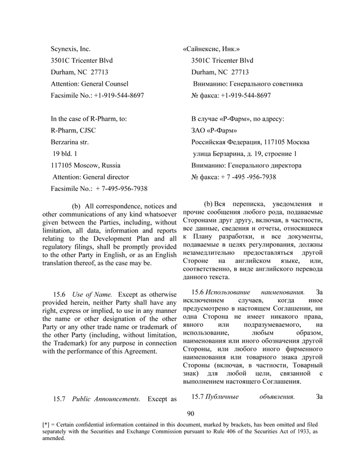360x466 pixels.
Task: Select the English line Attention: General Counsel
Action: pos(90,83)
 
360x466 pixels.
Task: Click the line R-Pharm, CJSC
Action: pos(76,130)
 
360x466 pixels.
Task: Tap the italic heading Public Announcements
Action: pos(106,399)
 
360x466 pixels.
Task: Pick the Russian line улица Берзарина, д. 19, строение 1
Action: pos(245,154)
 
